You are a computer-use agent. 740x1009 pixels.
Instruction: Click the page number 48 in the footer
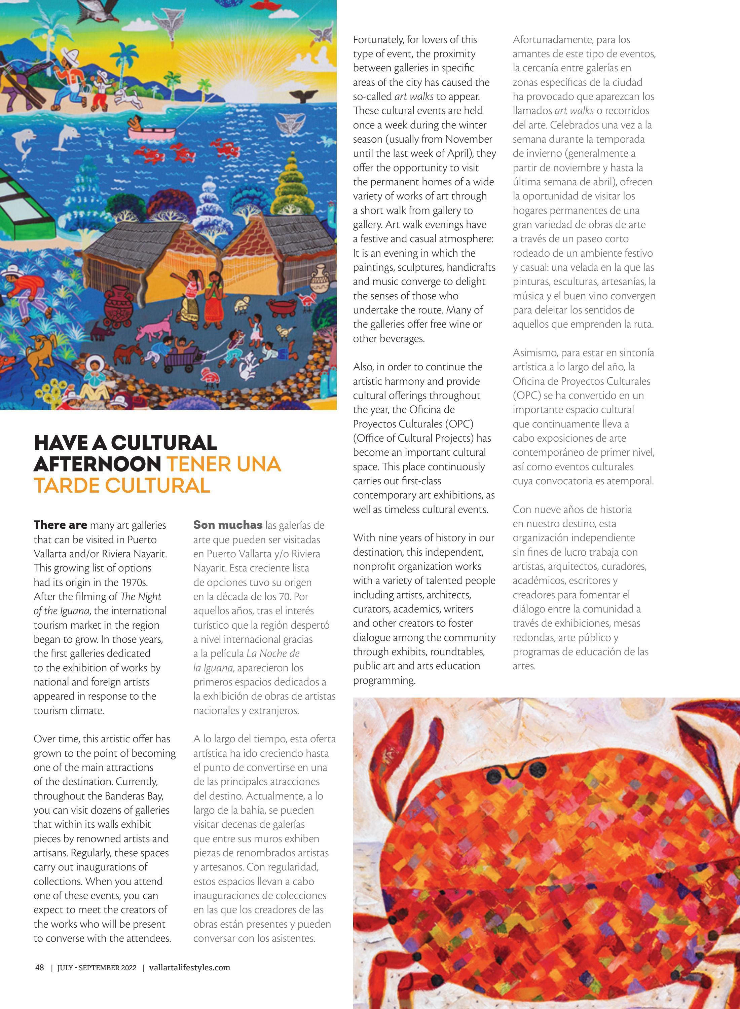(x=39, y=967)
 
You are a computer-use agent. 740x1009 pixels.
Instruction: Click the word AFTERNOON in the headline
(x=97, y=464)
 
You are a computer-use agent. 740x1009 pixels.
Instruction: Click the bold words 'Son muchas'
(x=228, y=525)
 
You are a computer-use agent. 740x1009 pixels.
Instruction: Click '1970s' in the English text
(x=135, y=582)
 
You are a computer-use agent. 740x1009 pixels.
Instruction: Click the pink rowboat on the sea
(x=151, y=131)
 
